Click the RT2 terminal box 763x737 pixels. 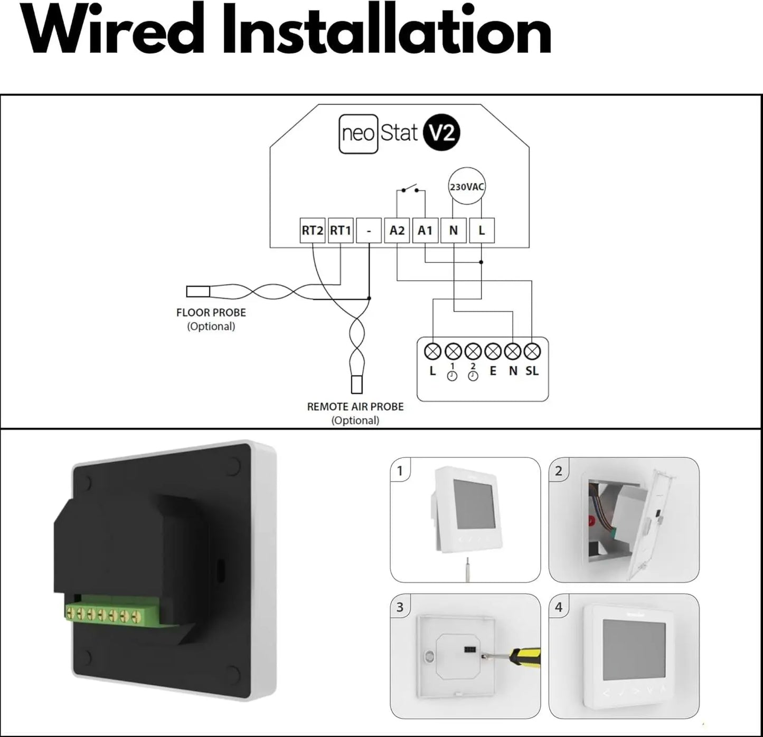coord(313,231)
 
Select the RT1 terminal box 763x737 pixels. coord(341,231)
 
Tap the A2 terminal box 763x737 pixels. coord(397,231)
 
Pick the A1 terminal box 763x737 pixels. coord(426,231)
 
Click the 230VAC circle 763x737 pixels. coord(467,187)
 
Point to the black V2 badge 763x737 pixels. coord(442,133)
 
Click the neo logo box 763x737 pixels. coord(359,133)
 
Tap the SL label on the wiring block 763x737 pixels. coord(532,371)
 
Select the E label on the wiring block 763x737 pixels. coord(493,371)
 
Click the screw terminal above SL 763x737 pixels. coord(532,351)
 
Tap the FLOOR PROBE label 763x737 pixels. coord(211,313)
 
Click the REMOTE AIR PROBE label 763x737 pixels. coord(355,407)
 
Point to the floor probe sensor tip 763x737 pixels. coord(198,292)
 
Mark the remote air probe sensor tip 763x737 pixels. coord(357,385)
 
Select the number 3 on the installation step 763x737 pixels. coord(400,607)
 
